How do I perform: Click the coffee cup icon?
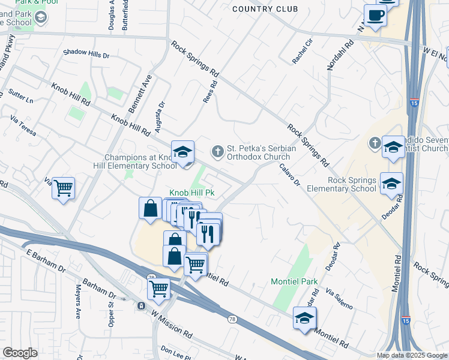(375, 16)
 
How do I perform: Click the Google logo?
(20, 353)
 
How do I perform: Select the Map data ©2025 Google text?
(411, 355)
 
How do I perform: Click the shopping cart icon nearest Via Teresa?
(63, 188)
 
